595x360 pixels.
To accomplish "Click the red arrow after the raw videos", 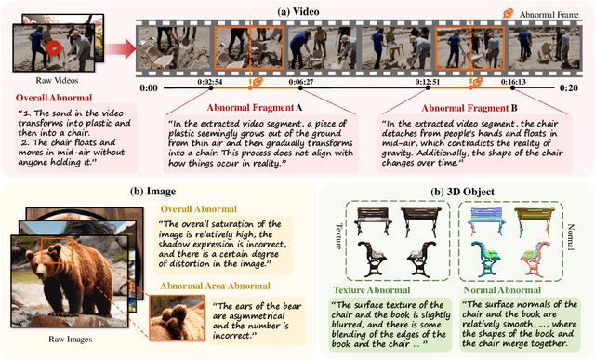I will (114, 47).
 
